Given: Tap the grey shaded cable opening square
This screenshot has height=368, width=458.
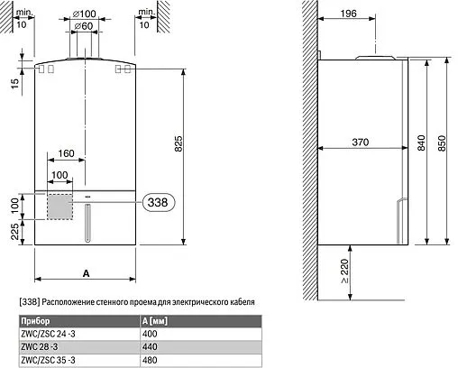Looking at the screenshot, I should [60, 206].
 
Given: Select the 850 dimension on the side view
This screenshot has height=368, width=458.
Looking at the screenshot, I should [441, 143].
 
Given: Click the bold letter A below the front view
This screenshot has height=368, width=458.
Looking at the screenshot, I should [84, 272].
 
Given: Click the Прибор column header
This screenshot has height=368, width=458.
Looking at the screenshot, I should [33, 321].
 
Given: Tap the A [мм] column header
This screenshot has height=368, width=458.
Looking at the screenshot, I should [157, 321].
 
